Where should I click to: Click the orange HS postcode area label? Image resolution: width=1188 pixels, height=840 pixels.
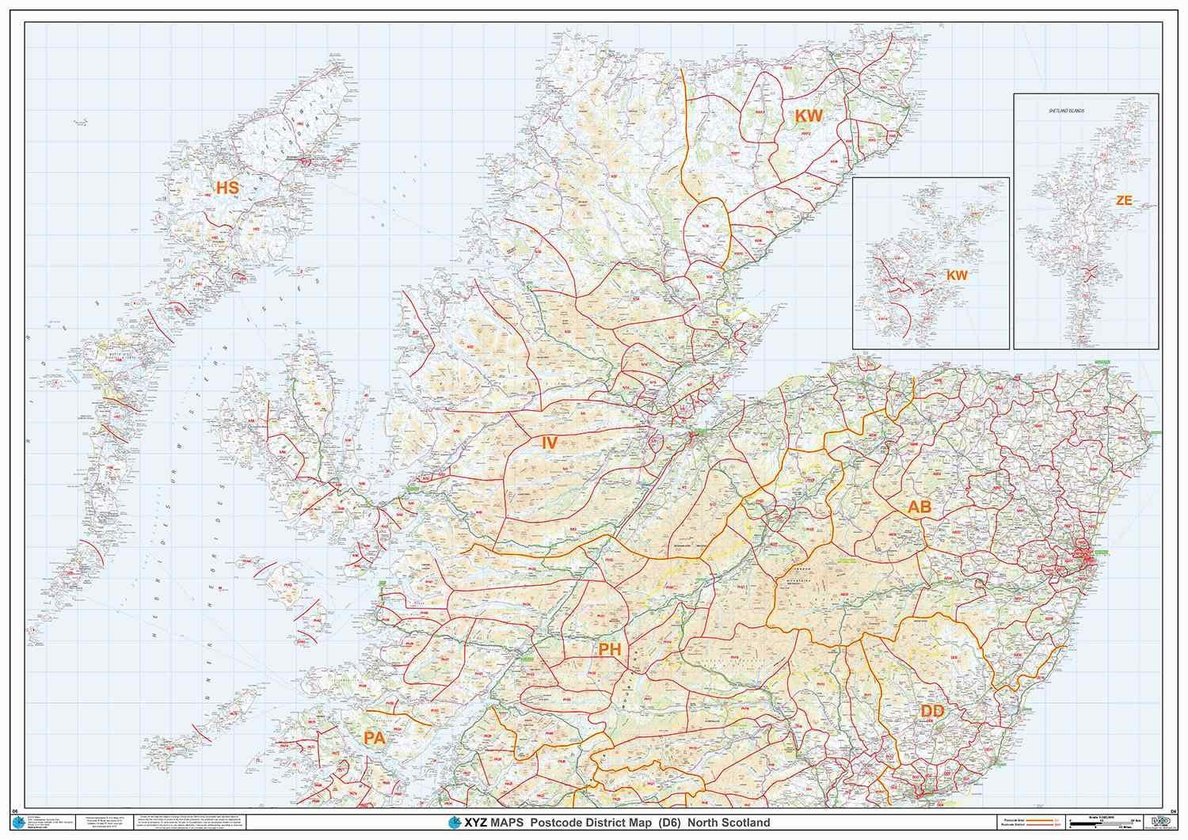coord(227,188)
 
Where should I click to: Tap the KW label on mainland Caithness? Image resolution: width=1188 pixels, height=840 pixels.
coord(809,116)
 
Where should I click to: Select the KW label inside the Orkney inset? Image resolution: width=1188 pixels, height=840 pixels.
coord(957,275)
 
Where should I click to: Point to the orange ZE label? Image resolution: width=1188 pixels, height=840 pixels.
coord(1123,201)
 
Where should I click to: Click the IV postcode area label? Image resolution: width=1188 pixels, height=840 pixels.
coord(548,443)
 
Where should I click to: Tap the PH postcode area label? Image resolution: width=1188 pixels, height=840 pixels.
coord(609,650)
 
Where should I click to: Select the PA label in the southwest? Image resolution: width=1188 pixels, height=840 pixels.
coord(374,737)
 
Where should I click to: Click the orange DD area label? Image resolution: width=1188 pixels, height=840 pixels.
coord(932,712)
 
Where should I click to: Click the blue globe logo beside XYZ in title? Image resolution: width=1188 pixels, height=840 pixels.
coord(454,823)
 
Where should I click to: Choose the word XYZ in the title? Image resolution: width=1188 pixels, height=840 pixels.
coord(474,823)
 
